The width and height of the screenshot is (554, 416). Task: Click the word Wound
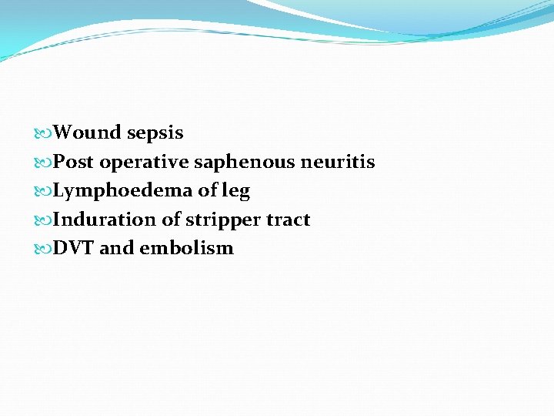(x=87, y=133)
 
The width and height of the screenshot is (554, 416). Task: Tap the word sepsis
(x=155, y=133)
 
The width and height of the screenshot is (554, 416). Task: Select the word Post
(x=74, y=162)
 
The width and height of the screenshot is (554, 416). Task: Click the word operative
(x=144, y=162)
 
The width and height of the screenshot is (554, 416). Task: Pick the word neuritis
(x=338, y=162)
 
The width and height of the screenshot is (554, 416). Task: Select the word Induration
(x=105, y=220)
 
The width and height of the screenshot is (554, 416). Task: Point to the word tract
(x=288, y=220)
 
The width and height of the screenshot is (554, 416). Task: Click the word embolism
(x=186, y=248)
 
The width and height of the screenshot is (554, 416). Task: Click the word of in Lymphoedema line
(x=208, y=191)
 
